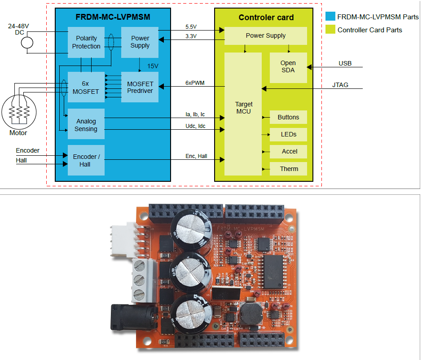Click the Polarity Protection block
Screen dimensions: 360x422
[86, 42]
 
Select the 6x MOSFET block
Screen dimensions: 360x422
[86, 87]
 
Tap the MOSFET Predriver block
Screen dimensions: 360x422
[140, 87]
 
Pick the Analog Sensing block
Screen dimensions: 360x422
[86, 125]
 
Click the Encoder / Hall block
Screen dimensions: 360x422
[86, 160]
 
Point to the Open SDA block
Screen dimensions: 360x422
[288, 66]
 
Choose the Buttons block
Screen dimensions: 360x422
[288, 117]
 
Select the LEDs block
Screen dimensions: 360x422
[288, 134]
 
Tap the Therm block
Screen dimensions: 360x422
[289, 169]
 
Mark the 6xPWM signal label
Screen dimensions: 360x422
[195, 83]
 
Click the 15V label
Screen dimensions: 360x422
[153, 66]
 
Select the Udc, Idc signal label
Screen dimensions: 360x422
[195, 126]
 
